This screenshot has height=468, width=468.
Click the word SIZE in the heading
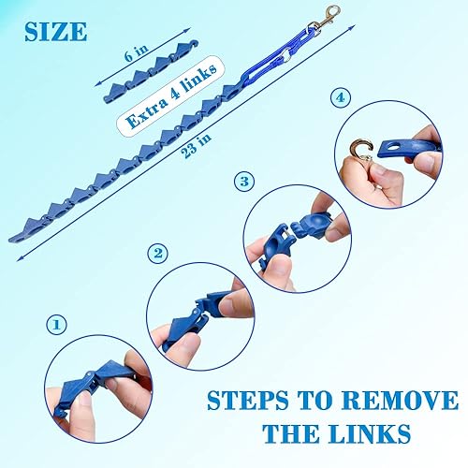tap(53, 31)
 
